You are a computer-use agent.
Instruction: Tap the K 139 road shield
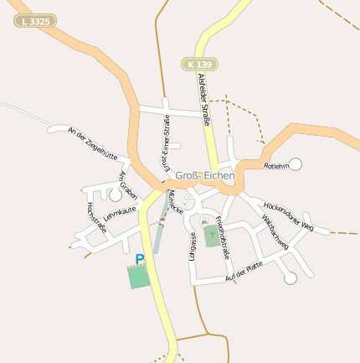(x=199, y=64)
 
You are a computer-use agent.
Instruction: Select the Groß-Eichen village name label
(x=205, y=176)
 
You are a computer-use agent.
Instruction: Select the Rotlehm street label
(x=275, y=167)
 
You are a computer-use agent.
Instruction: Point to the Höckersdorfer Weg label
(x=288, y=215)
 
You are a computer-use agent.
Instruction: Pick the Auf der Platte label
(x=244, y=271)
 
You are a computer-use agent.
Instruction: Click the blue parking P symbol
(x=140, y=259)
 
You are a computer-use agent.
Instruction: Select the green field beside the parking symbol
(x=138, y=277)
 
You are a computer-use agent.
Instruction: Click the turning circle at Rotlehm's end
(x=296, y=163)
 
